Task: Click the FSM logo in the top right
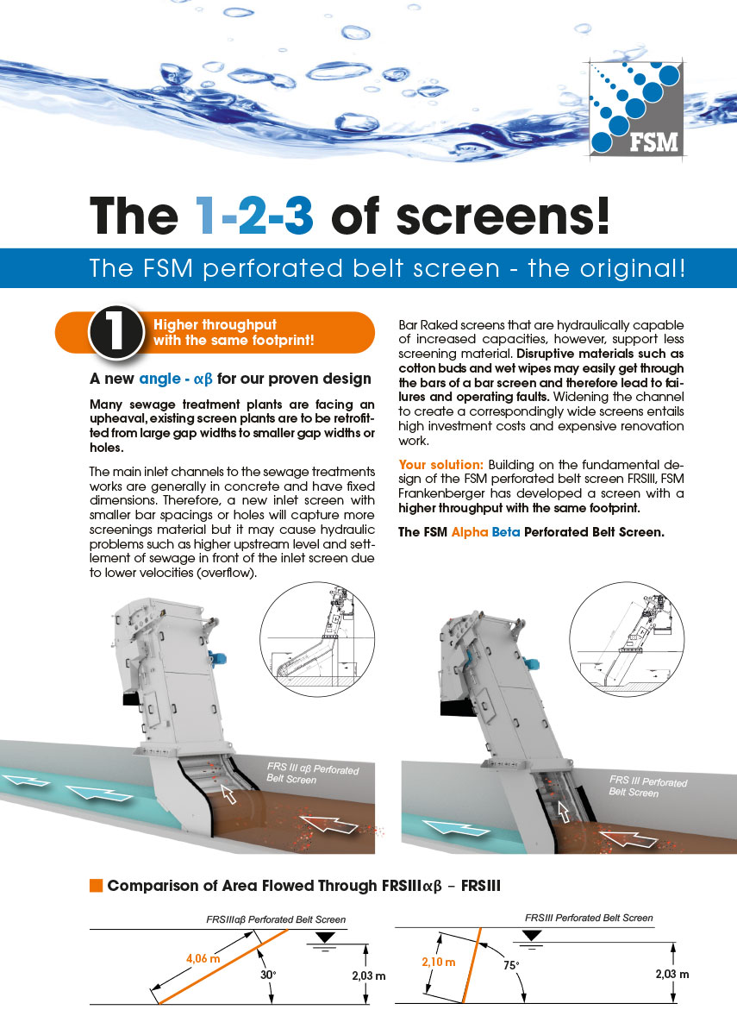pos(636,109)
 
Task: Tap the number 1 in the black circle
pos(116,332)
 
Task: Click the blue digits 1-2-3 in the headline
pos(254,216)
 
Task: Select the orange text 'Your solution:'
pos(441,464)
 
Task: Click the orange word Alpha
pos(470,532)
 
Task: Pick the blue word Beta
pos(506,532)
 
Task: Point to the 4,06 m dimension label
pos(203,959)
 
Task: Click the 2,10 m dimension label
pos(438,962)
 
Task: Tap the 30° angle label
pos(268,975)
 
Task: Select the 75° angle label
pos(511,965)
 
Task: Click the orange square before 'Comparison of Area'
pos(96,885)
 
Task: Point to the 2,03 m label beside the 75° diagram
pos(672,975)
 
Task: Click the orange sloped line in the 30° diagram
pos(223,966)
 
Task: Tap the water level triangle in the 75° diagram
pos(533,936)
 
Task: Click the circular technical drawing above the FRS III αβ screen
pos(317,639)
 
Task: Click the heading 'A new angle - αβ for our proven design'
pos(230,379)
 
